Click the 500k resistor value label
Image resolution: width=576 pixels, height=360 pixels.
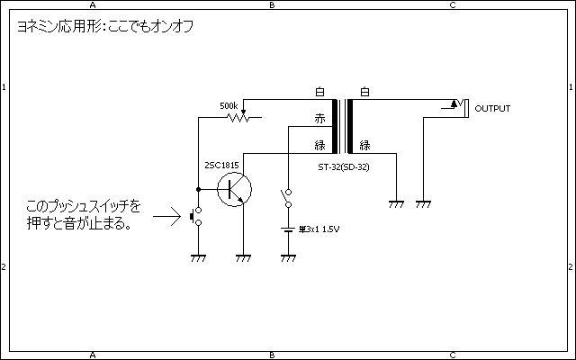(229, 105)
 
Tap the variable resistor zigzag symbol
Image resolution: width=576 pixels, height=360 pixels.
(236, 118)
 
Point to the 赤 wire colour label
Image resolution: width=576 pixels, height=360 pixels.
(319, 119)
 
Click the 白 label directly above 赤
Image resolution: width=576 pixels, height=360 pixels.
(319, 93)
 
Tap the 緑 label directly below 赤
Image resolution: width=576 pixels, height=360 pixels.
(319, 145)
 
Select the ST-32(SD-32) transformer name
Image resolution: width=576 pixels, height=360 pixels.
(343, 166)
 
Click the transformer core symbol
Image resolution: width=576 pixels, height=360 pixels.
(342, 126)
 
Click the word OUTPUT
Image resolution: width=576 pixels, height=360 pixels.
(492, 109)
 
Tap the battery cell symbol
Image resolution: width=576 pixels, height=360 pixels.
(288, 229)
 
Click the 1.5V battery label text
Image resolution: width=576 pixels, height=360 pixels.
(322, 229)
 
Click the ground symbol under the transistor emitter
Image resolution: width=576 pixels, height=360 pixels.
(243, 257)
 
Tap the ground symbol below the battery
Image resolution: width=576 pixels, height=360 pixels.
(288, 257)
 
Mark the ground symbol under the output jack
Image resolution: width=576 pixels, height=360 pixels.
(423, 204)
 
